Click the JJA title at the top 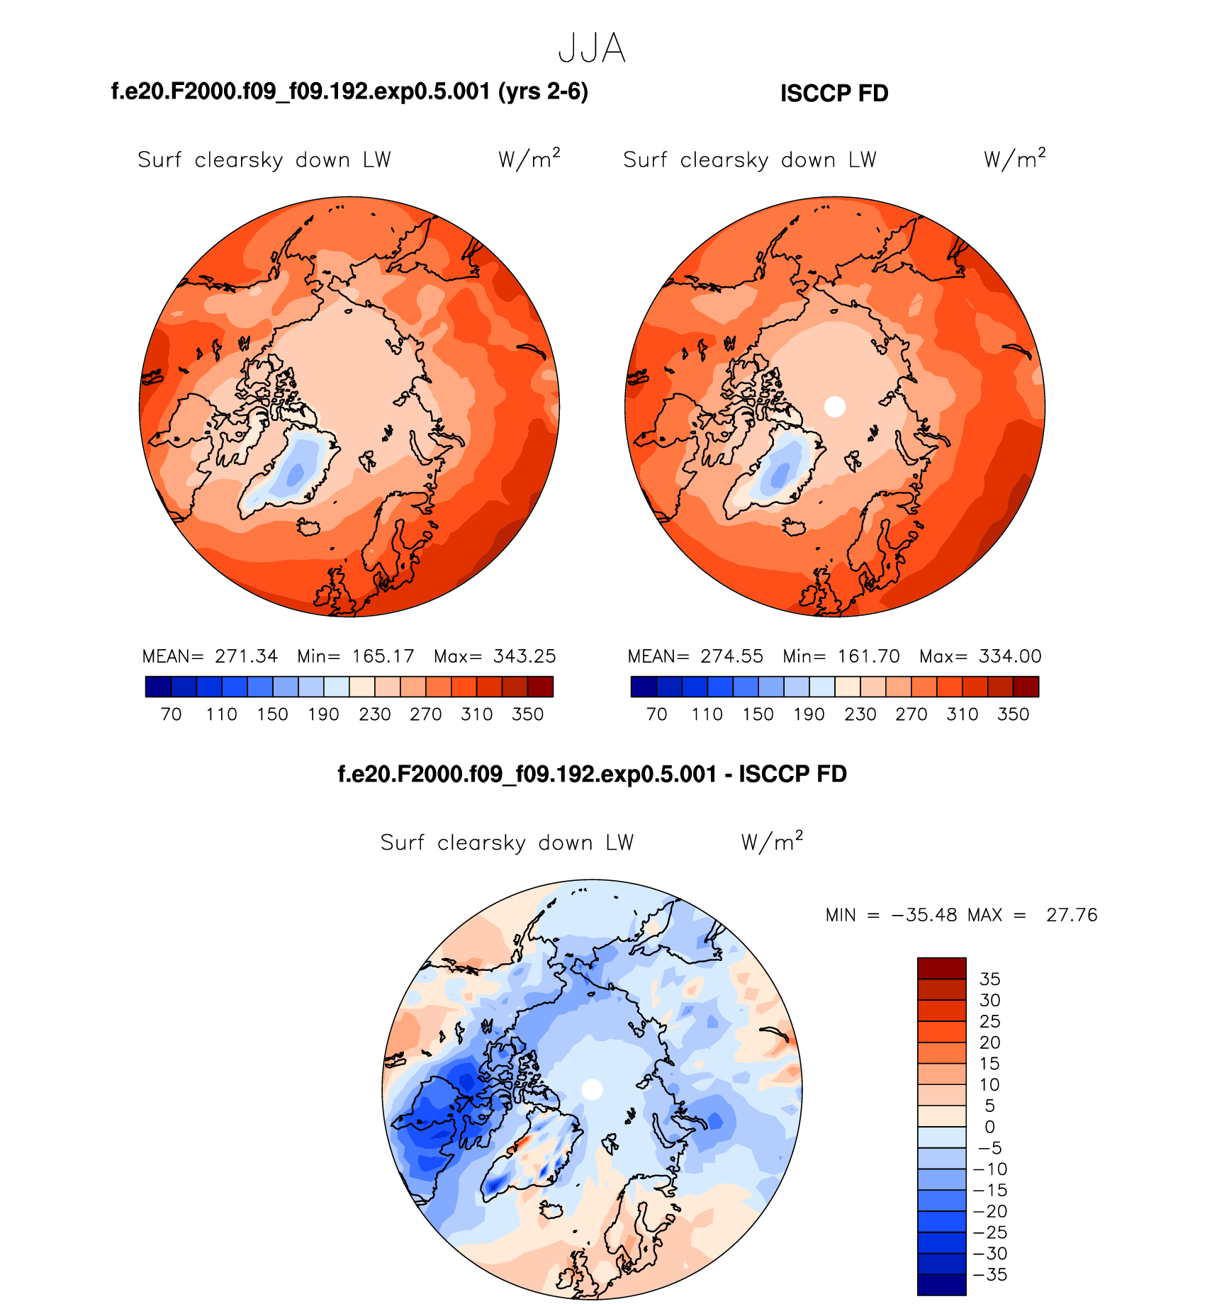592,49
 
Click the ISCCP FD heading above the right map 834,94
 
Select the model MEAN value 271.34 246,656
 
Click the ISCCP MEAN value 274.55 731,656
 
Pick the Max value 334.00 1010,656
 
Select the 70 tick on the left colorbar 172,714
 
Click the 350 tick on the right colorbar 1013,714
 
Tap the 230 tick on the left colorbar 375,714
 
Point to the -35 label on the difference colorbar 991,1275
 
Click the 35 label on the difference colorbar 990,979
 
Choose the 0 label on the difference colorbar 990,1127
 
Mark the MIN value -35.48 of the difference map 926,915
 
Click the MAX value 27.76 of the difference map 1072,915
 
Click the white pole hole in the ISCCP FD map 835,406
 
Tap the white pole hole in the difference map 592,1089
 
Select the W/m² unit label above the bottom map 772,842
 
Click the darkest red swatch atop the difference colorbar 941,968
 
